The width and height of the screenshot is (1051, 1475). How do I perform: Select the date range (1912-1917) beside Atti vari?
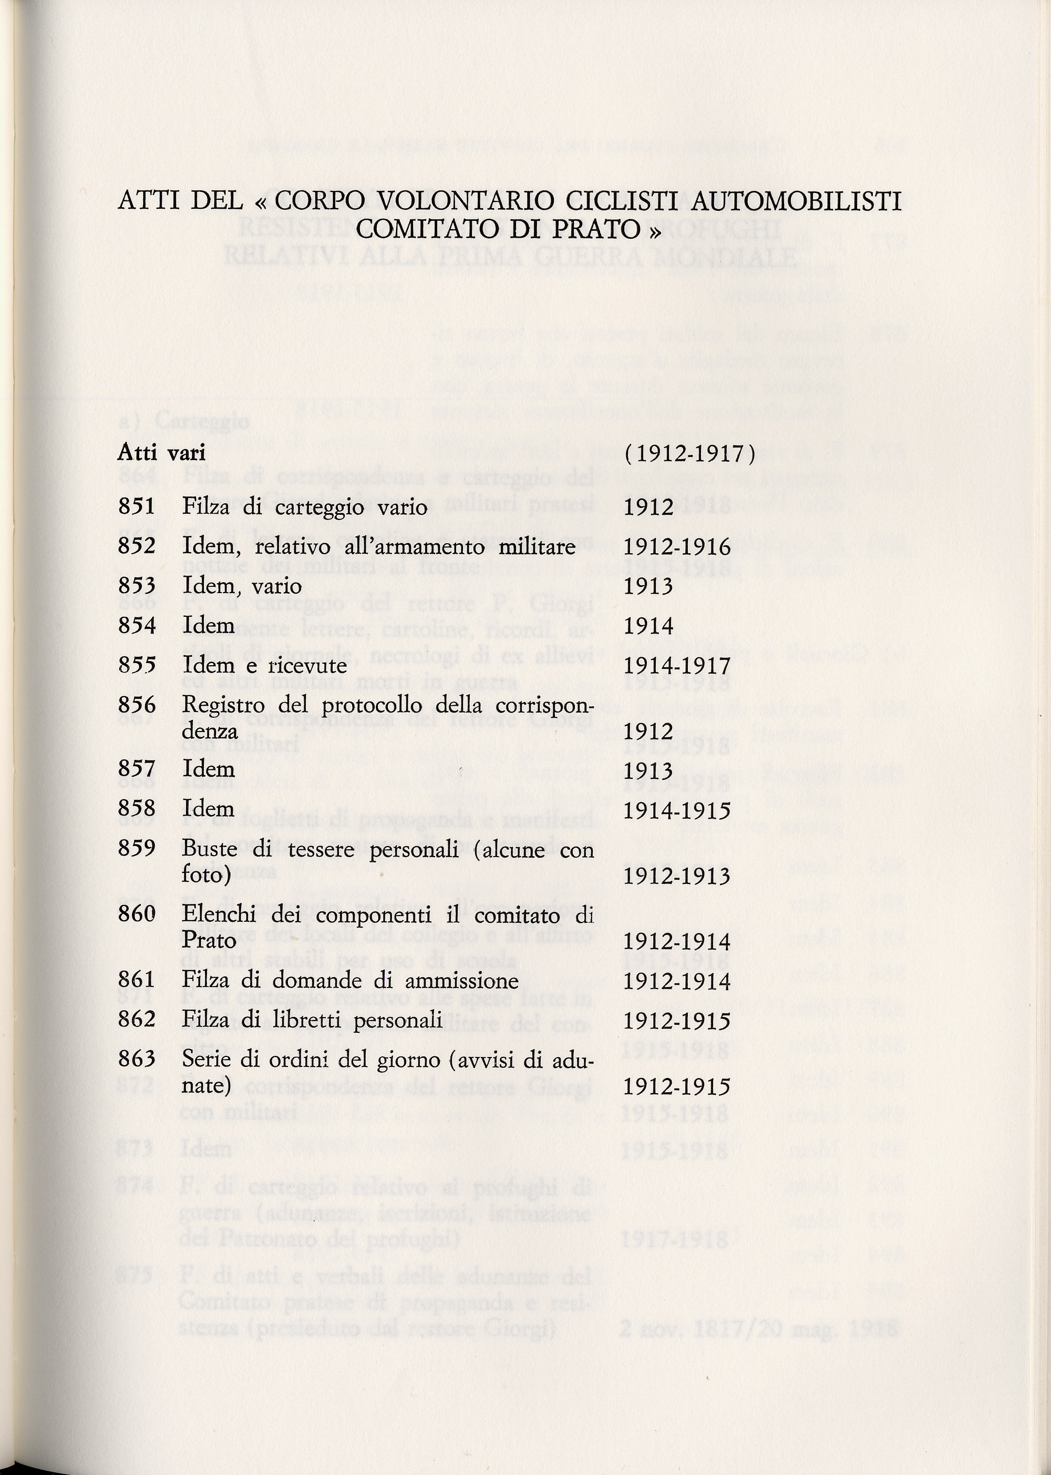click(690, 453)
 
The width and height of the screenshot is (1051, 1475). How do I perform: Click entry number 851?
click(137, 506)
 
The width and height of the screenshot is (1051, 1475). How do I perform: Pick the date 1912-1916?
click(676, 547)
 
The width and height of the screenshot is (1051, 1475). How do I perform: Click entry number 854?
click(137, 625)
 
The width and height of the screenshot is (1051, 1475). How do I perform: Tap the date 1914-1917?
click(676, 666)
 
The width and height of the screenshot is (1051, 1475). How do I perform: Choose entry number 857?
click(137, 769)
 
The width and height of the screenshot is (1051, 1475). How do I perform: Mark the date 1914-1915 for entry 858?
click(676, 809)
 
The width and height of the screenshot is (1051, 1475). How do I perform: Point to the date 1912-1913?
click(676, 876)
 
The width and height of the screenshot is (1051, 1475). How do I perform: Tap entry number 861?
click(137, 980)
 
